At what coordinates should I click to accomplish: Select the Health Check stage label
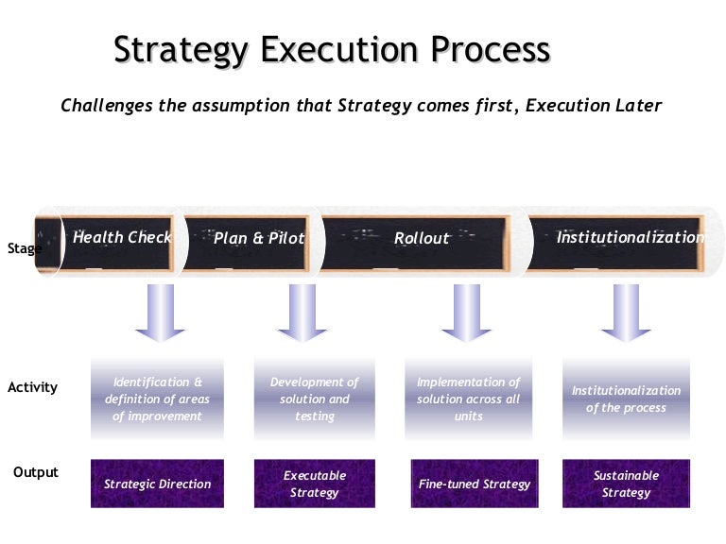(121, 237)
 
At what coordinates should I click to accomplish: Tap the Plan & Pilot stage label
(258, 238)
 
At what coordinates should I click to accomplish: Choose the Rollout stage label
(422, 238)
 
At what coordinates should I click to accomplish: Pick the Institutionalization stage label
(630, 237)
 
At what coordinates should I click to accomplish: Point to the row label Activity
(32, 387)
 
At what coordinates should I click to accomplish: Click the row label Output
(35, 472)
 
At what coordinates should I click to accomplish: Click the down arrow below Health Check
(160, 313)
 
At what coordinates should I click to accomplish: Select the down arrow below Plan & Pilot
(302, 313)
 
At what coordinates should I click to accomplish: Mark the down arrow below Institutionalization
(626, 313)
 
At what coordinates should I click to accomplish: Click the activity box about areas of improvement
(158, 399)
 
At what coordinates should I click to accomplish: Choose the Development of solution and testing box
(314, 399)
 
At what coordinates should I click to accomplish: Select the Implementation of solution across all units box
(468, 399)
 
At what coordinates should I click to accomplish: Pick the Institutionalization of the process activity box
(626, 399)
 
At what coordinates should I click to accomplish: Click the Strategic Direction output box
(158, 484)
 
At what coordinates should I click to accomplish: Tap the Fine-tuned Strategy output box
(475, 484)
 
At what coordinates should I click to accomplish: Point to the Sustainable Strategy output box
(626, 484)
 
